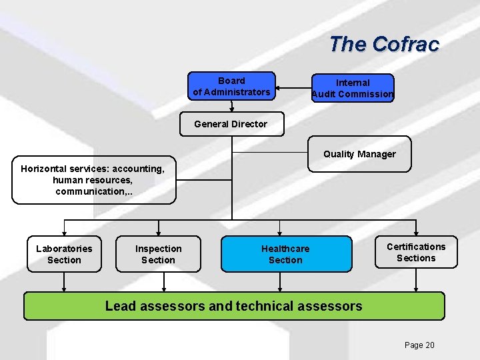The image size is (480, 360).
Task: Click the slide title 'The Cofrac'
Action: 384,44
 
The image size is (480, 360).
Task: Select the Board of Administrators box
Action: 231,87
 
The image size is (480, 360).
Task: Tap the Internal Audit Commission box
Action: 353,88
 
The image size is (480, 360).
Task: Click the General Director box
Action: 231,124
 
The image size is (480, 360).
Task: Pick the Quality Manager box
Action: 359,154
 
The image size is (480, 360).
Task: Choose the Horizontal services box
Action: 93,180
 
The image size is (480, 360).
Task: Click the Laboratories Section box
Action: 64,254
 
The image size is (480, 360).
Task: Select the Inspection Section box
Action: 158,254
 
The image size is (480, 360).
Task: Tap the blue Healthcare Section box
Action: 285,254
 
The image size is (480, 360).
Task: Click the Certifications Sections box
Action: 416,252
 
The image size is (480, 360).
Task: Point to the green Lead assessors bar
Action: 234,306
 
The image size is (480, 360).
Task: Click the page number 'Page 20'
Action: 419,345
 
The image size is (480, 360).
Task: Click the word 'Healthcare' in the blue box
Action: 285,249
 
